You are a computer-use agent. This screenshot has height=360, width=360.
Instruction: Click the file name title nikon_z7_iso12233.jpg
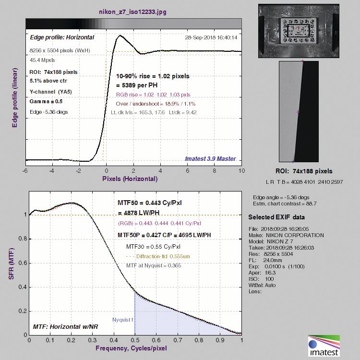point(133,10)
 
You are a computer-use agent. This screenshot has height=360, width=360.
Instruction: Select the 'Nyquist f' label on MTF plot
point(123,319)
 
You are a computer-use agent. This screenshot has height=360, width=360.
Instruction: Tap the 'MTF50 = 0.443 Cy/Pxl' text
point(149,203)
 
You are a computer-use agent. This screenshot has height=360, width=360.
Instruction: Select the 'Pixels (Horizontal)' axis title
point(130,179)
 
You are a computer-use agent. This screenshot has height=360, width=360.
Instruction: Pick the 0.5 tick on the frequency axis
point(135,339)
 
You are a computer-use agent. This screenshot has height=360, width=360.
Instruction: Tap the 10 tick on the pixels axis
point(241,170)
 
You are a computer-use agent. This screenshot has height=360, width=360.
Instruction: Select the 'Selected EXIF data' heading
point(277,217)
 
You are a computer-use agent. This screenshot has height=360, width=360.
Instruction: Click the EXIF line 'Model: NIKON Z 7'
point(278,240)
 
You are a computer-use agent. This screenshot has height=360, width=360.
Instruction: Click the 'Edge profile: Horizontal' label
point(62,37)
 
